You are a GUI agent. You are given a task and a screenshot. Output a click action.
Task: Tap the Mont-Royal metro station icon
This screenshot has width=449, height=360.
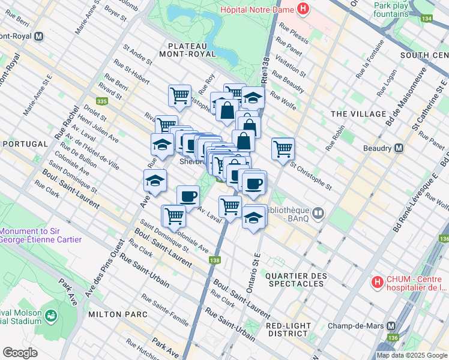point(39,36)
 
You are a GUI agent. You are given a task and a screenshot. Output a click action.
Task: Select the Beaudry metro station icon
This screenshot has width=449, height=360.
point(397,148)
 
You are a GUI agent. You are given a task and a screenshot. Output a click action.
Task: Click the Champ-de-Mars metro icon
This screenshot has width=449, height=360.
point(391,326)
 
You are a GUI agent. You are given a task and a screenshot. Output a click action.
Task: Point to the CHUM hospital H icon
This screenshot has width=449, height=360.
point(378,281)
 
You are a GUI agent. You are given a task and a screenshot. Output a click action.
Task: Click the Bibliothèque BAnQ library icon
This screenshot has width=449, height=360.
point(318,211)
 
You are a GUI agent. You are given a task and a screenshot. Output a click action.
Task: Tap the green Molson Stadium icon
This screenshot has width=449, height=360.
point(51,315)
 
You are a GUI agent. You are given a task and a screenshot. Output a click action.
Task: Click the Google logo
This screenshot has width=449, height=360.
point(20,352)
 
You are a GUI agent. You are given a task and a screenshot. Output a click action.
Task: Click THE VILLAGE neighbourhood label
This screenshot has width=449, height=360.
point(358,114)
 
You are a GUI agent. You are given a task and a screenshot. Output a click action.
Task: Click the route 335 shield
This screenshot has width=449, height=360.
point(101,85)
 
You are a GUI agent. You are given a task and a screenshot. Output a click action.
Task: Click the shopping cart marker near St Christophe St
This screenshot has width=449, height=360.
point(283,148)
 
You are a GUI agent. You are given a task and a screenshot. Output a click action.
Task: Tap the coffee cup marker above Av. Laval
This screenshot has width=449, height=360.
point(188,196)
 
